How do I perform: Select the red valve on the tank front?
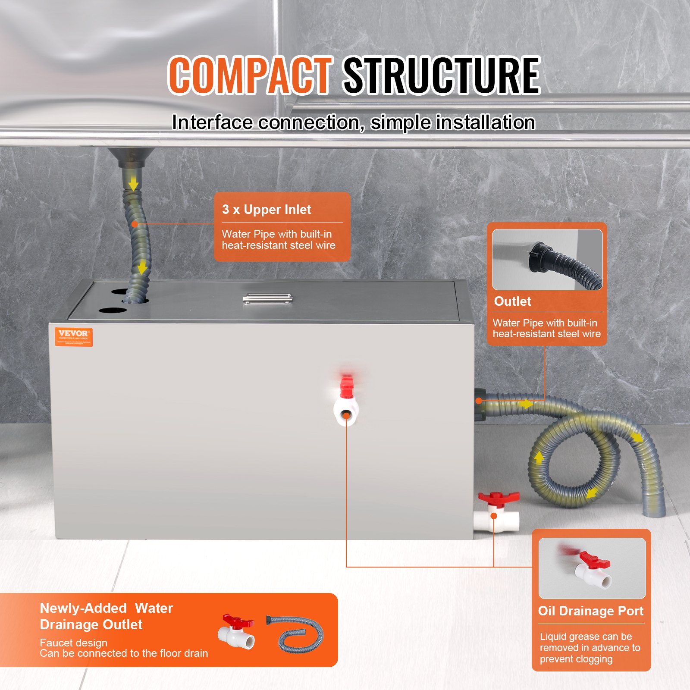(346, 386)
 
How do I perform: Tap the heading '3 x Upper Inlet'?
(267, 210)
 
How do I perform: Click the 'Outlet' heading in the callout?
(512, 301)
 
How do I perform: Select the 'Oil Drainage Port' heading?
(590, 611)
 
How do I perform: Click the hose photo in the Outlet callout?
(547, 260)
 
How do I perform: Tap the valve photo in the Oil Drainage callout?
(592, 568)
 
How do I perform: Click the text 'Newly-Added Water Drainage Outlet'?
(106, 616)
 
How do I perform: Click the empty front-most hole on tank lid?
(113, 310)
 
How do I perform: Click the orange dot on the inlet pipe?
(135, 224)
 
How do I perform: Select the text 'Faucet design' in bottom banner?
(73, 643)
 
